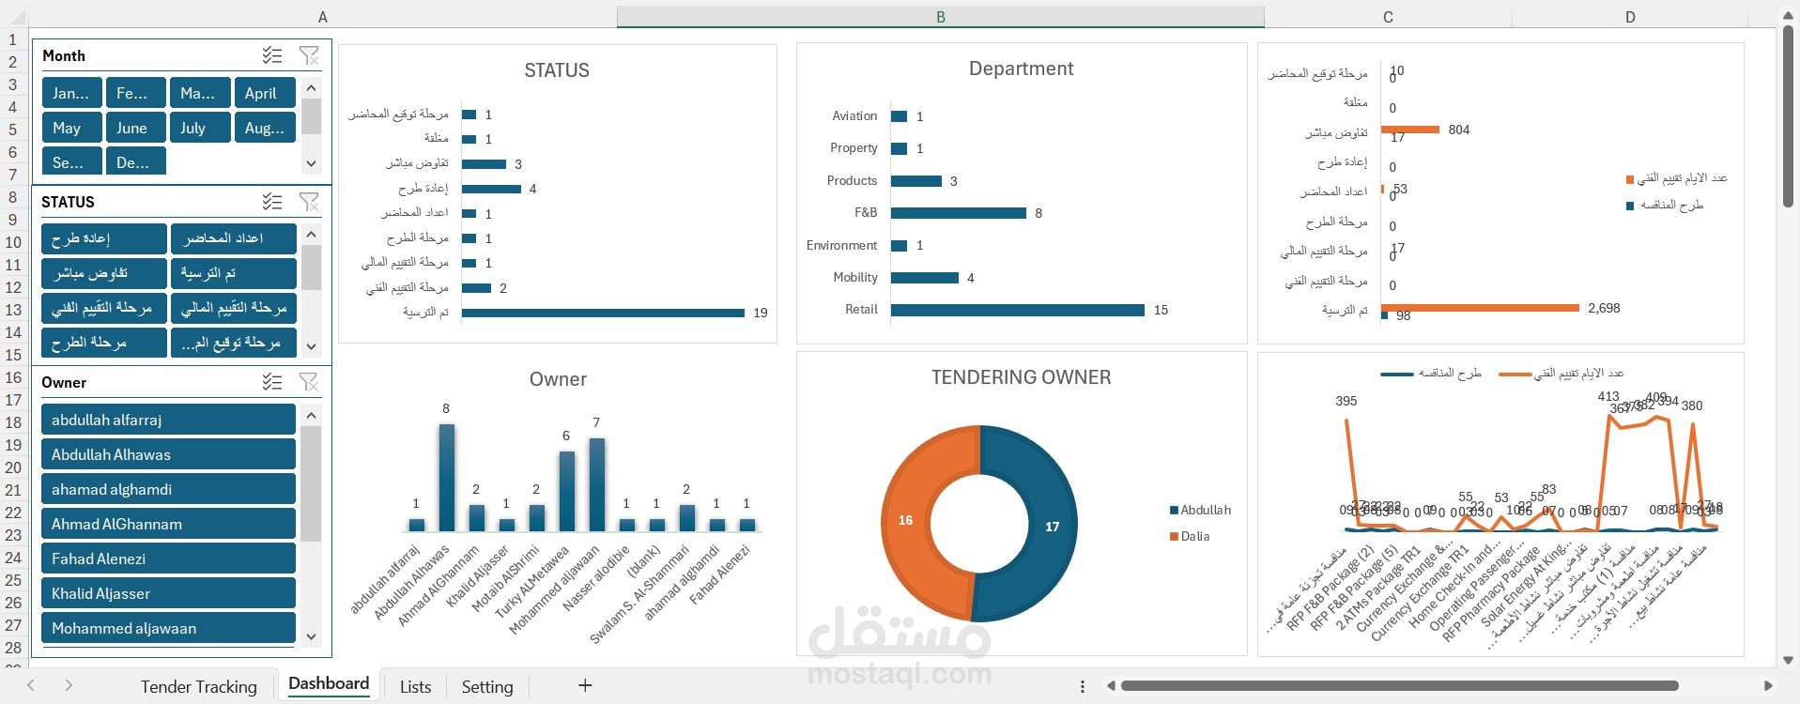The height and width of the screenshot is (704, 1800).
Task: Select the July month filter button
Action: tap(199, 128)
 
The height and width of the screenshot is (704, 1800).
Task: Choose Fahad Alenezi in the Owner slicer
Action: tap(168, 559)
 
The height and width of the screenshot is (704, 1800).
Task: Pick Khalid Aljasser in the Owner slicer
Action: tap(168, 593)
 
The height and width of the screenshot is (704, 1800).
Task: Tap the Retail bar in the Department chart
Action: tap(1017, 310)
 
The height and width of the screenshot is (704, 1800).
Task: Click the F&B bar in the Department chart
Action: tap(958, 213)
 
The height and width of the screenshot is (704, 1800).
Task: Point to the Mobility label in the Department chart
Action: tap(854, 278)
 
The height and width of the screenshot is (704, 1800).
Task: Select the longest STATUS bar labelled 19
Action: tap(602, 313)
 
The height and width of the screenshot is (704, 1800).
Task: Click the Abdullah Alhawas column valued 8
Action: tap(447, 478)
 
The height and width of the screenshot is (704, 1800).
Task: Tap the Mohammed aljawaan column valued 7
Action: tap(597, 484)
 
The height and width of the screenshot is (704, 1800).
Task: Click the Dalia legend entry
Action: tap(1194, 536)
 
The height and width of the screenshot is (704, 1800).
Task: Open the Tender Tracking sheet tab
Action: tap(198, 686)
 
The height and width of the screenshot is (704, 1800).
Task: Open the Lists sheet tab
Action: tap(415, 686)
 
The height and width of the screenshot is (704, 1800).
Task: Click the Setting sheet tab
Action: tap(487, 686)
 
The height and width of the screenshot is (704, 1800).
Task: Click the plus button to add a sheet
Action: tap(585, 685)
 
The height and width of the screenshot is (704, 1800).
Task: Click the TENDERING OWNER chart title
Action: tap(1021, 377)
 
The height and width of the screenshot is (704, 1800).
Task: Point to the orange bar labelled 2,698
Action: tap(1480, 308)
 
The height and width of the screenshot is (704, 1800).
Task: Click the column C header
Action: tap(1388, 17)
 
